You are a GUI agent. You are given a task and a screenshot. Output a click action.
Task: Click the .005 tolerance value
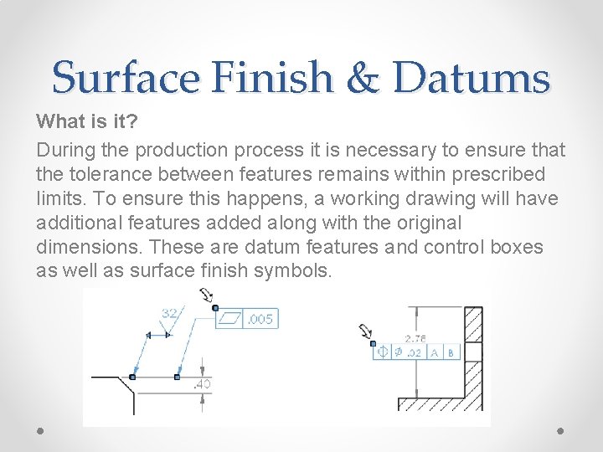click(260, 319)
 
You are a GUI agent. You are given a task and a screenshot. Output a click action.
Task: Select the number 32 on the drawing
click(170, 313)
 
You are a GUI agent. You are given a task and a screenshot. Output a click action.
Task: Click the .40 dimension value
click(202, 384)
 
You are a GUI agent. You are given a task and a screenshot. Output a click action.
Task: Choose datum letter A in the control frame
click(434, 352)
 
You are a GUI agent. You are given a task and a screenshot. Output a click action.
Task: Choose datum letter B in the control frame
click(451, 352)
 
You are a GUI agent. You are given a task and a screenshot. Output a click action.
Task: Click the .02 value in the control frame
click(412, 352)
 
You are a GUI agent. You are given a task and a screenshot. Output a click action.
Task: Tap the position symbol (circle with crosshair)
click(383, 352)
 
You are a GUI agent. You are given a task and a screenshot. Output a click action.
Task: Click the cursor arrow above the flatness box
click(206, 295)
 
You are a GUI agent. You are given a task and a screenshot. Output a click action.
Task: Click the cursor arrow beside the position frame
click(366, 332)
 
